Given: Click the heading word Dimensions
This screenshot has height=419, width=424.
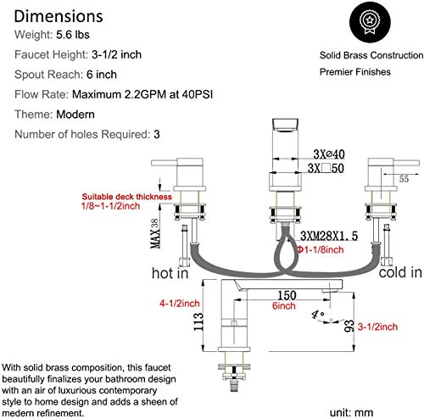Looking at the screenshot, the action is tap(59, 16).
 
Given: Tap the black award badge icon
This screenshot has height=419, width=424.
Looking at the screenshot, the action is tap(370, 22).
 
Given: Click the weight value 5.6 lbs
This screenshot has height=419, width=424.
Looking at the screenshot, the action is tap(73, 35).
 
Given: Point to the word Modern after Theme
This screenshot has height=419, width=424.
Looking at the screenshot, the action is tap(75, 115).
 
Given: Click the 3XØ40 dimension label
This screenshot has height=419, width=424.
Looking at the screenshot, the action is tap(329, 154).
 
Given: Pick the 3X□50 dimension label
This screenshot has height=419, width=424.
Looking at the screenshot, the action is tap(326, 168).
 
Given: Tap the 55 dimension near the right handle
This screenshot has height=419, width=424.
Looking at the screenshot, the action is tap(404, 179).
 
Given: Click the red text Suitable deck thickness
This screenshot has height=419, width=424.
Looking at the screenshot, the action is tap(127, 197).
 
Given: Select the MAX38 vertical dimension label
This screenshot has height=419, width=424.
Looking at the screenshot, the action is tap(155, 233).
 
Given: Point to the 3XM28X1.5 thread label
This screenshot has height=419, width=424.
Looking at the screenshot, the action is tap(329, 236).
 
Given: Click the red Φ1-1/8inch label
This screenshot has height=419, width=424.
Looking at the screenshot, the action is tap(321, 249).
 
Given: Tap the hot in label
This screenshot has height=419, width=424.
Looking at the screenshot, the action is tap(170, 273).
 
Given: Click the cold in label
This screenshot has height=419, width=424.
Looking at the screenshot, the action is tap(400, 272).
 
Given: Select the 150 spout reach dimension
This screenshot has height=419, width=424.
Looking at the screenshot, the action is tap(287, 295).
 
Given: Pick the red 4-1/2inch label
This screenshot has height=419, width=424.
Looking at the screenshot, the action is tap(180, 304).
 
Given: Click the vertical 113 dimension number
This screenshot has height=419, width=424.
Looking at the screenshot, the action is tap(198, 321).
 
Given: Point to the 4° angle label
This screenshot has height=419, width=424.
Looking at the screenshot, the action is tap(318, 315).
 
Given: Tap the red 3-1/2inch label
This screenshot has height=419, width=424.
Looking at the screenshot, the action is tap(377, 327).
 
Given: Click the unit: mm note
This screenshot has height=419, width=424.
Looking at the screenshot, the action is tap(351, 412).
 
